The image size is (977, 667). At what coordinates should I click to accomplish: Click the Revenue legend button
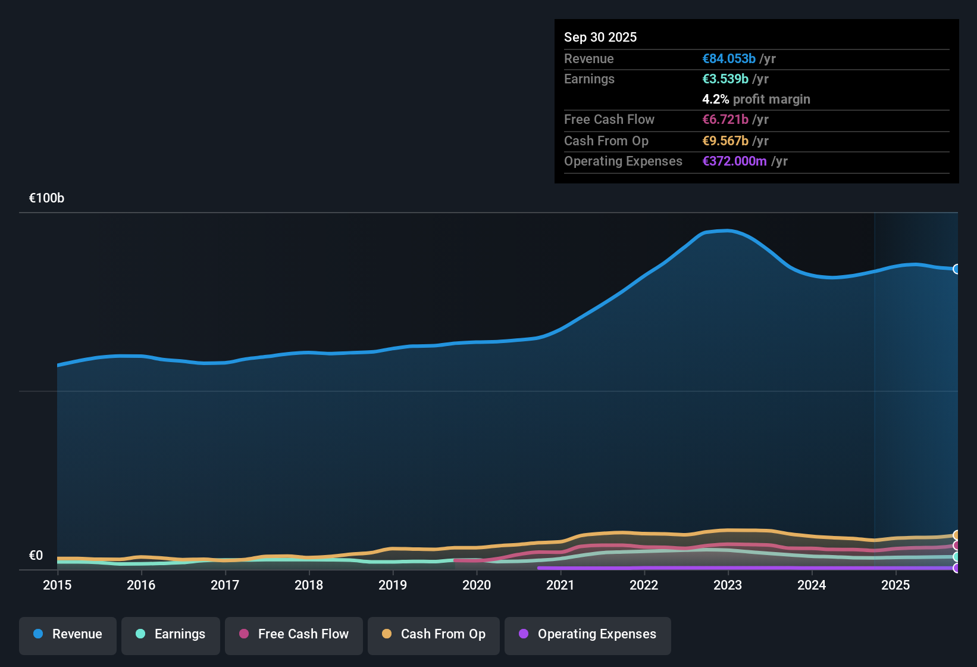click(68, 634)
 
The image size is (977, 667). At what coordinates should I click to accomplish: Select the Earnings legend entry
click(171, 634)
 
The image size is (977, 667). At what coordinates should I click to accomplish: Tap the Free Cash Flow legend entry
click(294, 634)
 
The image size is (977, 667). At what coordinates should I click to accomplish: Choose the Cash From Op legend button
click(434, 634)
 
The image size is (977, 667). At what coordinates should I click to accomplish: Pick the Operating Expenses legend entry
click(588, 634)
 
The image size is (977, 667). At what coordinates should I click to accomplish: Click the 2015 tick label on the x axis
click(57, 585)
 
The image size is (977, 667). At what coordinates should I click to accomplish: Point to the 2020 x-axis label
click(477, 585)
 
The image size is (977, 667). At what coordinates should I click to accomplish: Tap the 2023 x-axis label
click(728, 585)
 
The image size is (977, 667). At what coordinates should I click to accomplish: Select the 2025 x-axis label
click(895, 585)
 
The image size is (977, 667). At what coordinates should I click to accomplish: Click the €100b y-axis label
click(46, 198)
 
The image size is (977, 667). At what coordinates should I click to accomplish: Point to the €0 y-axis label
click(36, 556)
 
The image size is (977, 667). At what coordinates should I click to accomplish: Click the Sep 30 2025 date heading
click(600, 38)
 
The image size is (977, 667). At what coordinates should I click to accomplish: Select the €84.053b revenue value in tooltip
click(729, 59)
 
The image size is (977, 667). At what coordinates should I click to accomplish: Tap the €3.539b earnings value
click(725, 79)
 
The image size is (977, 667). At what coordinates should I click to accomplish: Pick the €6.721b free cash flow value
click(725, 120)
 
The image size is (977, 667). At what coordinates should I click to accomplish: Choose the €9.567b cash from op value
click(725, 141)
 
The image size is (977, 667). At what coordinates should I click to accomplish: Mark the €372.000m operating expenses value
click(735, 161)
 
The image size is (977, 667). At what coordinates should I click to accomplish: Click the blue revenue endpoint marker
click(956, 269)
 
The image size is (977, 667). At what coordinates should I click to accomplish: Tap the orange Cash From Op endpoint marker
click(956, 535)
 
